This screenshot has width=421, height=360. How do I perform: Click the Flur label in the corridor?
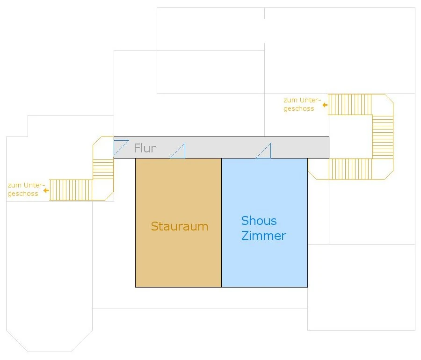click(145, 149)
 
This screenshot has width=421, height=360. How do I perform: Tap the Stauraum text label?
click(179, 227)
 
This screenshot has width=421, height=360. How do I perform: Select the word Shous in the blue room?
click(259, 221)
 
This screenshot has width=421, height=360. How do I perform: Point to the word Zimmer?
click(263, 236)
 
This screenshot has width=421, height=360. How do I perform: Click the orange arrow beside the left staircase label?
click(45, 190)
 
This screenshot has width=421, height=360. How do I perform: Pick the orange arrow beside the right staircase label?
click(325, 105)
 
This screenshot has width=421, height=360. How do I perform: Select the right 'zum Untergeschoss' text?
click(302, 104)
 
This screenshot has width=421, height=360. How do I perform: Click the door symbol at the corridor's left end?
click(121, 147)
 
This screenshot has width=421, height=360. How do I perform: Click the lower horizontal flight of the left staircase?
click(71, 190)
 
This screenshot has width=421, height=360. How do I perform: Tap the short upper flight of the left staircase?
click(103, 169)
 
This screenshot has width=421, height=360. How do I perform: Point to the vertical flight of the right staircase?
click(383, 137)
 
